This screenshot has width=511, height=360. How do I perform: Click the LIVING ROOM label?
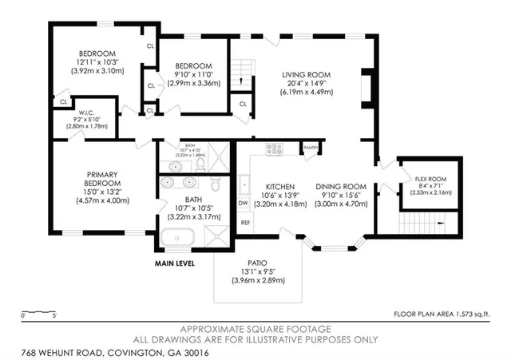pyautogui.click(x=306, y=75)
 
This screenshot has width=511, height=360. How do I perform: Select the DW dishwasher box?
pyautogui.click(x=244, y=204)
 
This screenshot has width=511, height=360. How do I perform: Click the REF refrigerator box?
pyautogui.click(x=245, y=223)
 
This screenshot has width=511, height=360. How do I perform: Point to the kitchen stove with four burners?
pyautogui.click(x=274, y=148)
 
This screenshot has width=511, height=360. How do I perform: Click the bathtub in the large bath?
pyautogui.click(x=176, y=238)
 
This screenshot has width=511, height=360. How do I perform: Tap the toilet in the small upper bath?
pyautogui.click(x=201, y=164)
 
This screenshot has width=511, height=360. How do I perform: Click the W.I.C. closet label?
pyautogui.click(x=87, y=113)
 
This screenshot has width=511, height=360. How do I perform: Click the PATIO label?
pyautogui.click(x=258, y=263)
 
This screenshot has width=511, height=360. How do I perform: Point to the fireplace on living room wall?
pyautogui.click(x=366, y=87)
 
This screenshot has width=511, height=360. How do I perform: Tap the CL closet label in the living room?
pyautogui.click(x=243, y=103)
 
